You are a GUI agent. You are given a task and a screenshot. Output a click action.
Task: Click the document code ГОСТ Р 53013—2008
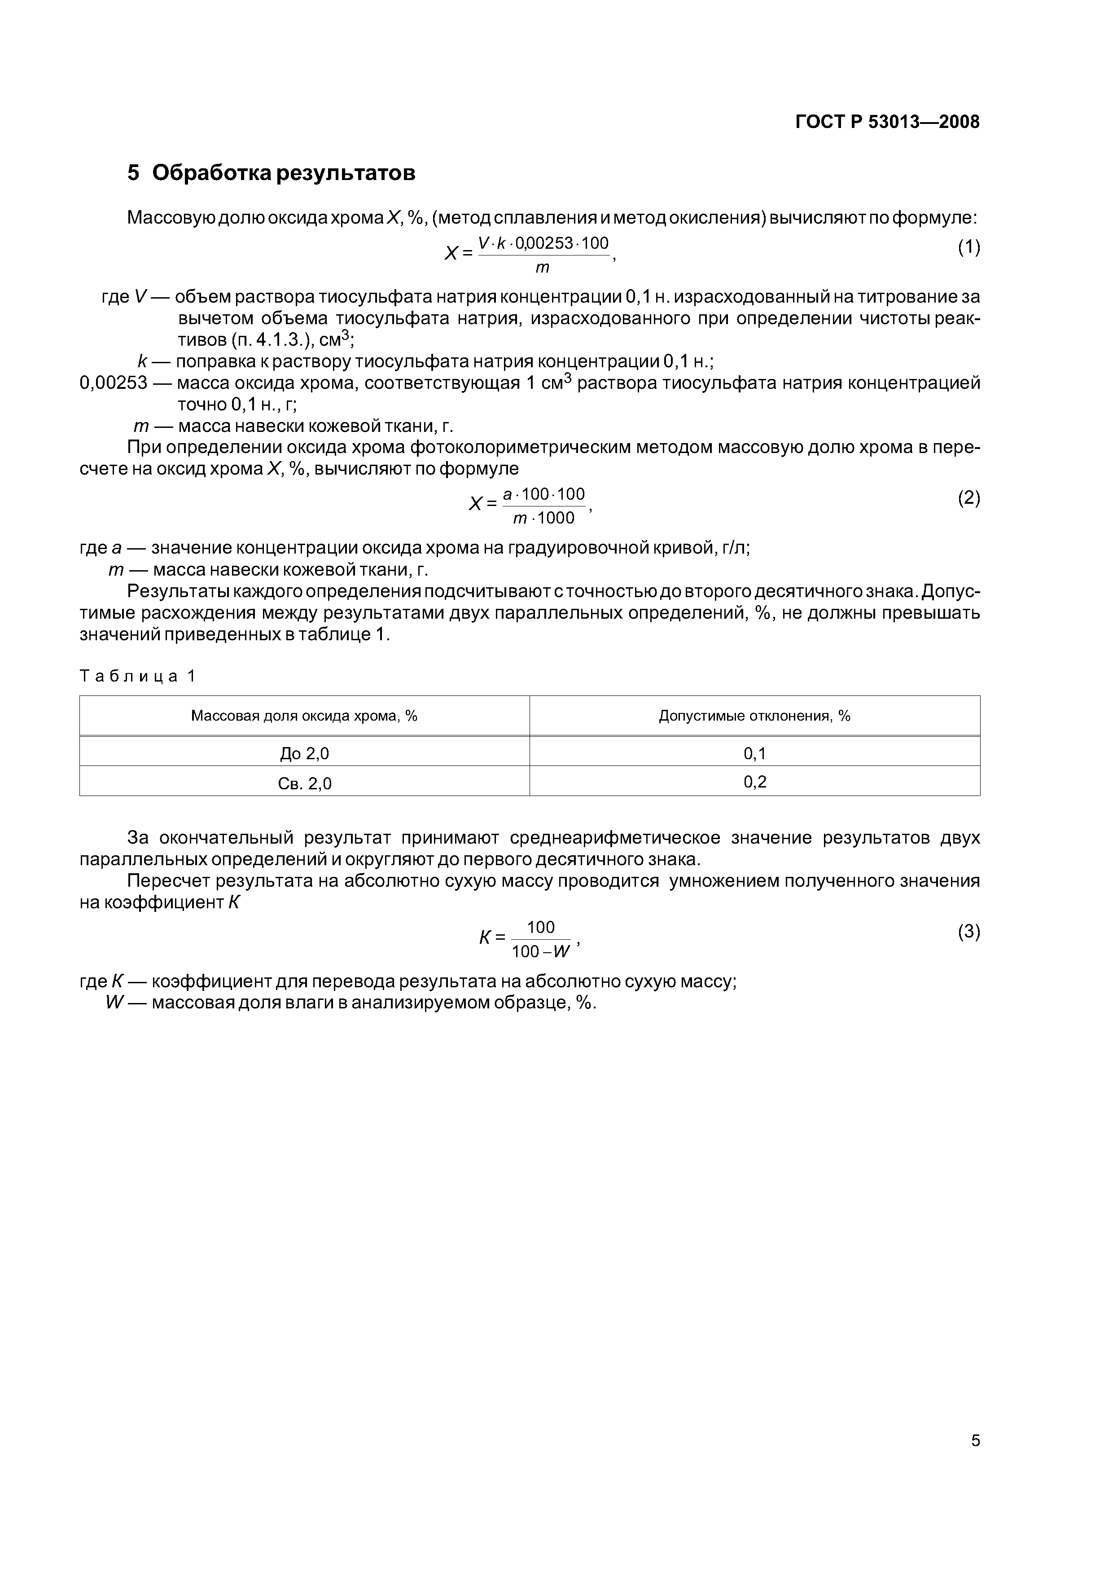pos(887,122)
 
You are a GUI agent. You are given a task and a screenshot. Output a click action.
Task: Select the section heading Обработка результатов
pos(283,173)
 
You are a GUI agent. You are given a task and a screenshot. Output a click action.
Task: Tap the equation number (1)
pos(968,248)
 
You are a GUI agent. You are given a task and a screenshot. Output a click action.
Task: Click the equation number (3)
pos(968,932)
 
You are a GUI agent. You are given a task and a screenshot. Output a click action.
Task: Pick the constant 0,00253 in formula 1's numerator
pos(546,243)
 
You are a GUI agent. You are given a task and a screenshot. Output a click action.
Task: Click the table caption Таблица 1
pos(138,676)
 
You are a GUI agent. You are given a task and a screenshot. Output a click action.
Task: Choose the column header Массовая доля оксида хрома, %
pos(304,716)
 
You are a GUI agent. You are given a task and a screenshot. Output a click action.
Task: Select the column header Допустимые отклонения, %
pos(754,716)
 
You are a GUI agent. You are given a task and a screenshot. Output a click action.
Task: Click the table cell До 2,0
pos(304,754)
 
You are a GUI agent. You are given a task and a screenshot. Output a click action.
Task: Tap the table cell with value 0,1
pos(754,754)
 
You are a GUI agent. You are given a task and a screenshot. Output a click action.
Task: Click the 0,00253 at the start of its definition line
pos(113,383)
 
